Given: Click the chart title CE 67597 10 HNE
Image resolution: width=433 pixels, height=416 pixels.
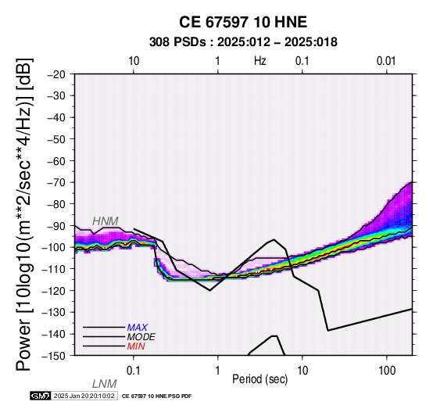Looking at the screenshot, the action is click(243, 22).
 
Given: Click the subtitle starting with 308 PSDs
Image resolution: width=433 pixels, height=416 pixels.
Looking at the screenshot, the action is click(243, 42).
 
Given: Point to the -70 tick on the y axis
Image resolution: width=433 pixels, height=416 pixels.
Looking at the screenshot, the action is click(57, 182).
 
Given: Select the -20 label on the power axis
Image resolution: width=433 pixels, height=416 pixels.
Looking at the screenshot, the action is click(57, 74).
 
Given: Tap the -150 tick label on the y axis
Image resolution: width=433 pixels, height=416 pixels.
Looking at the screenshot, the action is click(55, 356).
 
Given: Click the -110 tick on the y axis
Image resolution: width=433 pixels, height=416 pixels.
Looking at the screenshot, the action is click(55, 269).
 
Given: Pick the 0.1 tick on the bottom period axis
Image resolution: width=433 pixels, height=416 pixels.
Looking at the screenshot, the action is click(134, 371).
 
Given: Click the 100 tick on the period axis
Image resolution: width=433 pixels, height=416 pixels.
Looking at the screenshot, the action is click(387, 371).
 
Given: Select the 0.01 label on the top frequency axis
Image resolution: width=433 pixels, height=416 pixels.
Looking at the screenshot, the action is click(386, 61).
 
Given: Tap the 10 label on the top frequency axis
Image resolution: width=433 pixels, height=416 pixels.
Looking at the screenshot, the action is click(134, 61).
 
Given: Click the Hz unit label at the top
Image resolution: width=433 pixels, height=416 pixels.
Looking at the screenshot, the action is click(260, 61).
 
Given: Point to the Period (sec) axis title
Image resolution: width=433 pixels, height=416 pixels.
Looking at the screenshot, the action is click(259, 379).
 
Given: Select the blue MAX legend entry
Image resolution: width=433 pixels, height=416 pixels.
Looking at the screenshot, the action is click(138, 328).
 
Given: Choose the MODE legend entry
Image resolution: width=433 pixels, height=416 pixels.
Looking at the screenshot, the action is click(141, 337).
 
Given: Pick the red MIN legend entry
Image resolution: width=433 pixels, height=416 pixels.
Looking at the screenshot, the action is click(136, 346).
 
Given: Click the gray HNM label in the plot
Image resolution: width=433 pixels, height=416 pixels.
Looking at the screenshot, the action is click(106, 221).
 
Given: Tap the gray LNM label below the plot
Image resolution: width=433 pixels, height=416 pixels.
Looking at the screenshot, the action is click(105, 384).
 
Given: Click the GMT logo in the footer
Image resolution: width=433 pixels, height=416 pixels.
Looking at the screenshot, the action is click(41, 396).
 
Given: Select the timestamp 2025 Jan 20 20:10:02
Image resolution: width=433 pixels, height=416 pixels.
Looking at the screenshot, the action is click(84, 396).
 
